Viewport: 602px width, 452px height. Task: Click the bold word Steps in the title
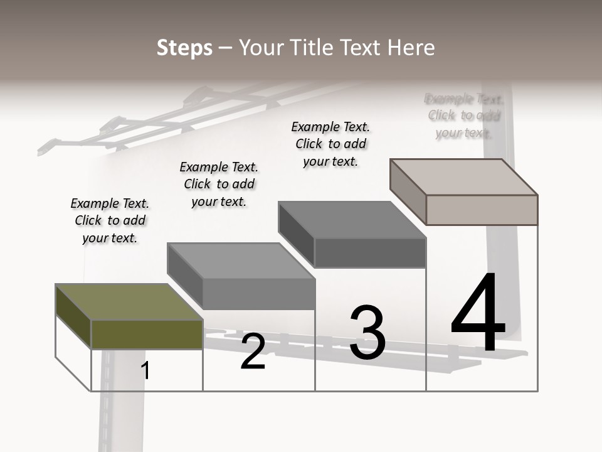click(184, 48)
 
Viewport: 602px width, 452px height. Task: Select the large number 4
click(478, 313)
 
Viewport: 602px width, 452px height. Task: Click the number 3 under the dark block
click(367, 333)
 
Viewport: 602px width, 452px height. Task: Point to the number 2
click(253, 352)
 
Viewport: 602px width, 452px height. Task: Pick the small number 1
click(145, 370)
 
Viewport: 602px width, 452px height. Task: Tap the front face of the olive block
click(147, 334)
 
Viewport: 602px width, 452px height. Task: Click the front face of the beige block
click(482, 210)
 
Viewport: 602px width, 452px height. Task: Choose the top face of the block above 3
click(351, 220)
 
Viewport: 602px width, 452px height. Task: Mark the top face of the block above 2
click(241, 261)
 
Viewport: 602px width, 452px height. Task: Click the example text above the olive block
click(110, 220)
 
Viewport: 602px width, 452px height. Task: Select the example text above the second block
click(219, 184)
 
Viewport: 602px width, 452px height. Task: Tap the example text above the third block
click(330, 144)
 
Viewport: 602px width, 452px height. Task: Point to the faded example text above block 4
click(464, 116)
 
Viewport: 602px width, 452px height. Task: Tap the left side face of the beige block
click(408, 191)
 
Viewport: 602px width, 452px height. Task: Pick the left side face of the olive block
click(73, 315)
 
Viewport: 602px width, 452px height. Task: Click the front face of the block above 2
click(259, 294)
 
